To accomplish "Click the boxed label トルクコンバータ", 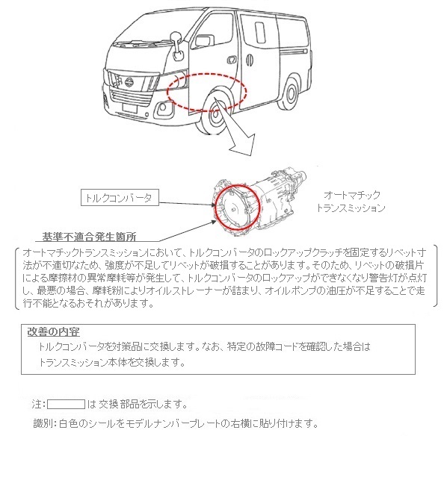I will pyautogui.click(x=118, y=198).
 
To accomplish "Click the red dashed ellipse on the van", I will pyautogui.click(x=207, y=92).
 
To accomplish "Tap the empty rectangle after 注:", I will pyautogui.click(x=66, y=404).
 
